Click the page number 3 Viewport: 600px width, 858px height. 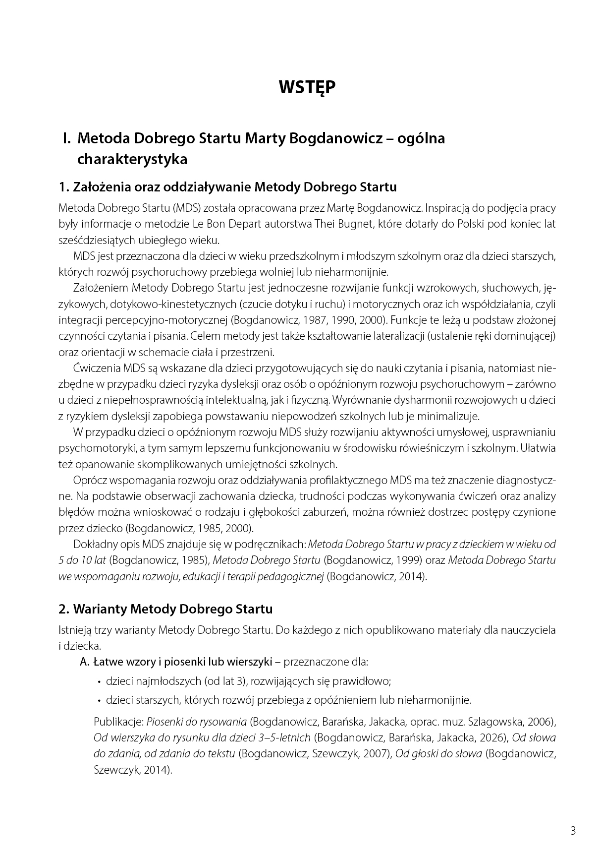573,831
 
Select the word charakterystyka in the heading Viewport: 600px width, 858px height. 132,160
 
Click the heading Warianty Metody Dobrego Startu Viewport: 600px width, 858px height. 172,609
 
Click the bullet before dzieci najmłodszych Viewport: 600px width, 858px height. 100,682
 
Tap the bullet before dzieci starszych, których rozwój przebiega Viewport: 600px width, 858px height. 100,701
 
